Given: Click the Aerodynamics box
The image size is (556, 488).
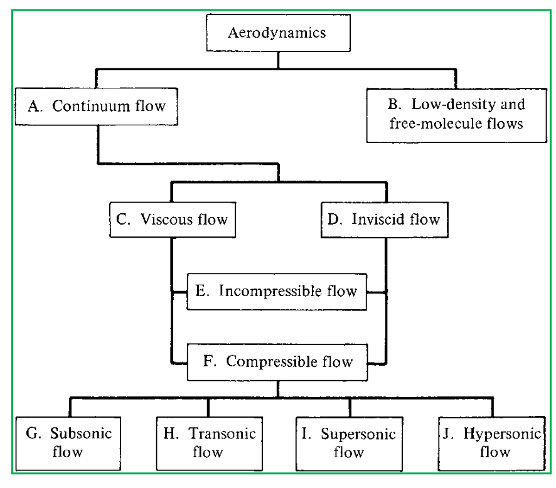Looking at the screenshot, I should coord(277,33).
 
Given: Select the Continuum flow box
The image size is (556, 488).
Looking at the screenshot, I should coord(97,105).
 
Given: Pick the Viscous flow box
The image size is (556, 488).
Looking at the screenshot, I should coord(173,220).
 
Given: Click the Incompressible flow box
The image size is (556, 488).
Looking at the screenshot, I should coord(277,291).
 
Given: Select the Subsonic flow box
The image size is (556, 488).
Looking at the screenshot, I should coord(70,442).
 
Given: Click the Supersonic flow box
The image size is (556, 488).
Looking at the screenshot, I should coord(350,442).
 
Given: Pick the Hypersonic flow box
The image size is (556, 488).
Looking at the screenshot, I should coord(490,442).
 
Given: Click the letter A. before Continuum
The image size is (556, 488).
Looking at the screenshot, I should coord(35,105).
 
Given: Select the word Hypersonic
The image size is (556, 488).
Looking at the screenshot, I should coord(497,433).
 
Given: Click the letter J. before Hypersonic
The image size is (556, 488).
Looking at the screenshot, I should coord(450,433).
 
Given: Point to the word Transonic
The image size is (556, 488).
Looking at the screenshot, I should coord(222,433).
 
